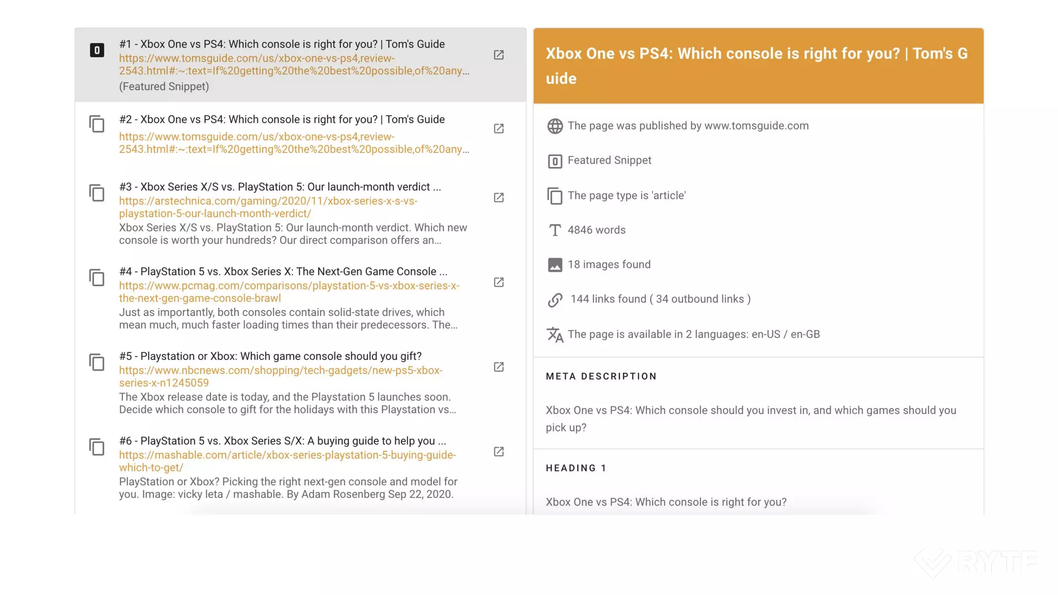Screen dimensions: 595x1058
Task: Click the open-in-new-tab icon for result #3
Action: pyautogui.click(x=499, y=198)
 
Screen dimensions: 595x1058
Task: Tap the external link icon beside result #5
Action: pyautogui.click(x=499, y=367)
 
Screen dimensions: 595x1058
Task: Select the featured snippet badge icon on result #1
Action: pyautogui.click(x=97, y=50)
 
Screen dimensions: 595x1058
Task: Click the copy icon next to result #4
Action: pyautogui.click(x=97, y=278)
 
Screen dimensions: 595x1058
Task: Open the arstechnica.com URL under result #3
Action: pyautogui.click(x=268, y=207)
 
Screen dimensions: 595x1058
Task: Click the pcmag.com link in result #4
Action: pyautogui.click(x=289, y=292)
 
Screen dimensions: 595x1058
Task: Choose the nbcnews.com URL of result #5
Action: pyautogui.click(x=281, y=377)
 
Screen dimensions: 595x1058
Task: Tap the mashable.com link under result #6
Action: pyautogui.click(x=287, y=461)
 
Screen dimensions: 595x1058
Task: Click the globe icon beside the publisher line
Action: pyautogui.click(x=555, y=126)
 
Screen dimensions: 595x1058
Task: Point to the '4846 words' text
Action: pyautogui.click(x=596, y=230)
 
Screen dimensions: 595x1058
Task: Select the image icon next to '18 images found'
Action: pyautogui.click(x=555, y=265)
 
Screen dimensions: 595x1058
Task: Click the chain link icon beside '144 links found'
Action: pyautogui.click(x=555, y=300)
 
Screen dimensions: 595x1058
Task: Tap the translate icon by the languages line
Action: pyautogui.click(x=555, y=335)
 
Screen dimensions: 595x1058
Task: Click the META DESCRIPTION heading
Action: pyautogui.click(x=601, y=377)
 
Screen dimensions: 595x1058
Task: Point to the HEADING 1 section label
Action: pyautogui.click(x=576, y=468)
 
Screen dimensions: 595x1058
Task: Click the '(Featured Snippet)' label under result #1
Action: pyautogui.click(x=164, y=86)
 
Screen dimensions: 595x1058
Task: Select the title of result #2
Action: pyautogui.click(x=282, y=119)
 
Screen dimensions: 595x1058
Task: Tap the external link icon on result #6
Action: pyautogui.click(x=499, y=452)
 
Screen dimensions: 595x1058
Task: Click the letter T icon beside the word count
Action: pyautogui.click(x=555, y=230)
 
